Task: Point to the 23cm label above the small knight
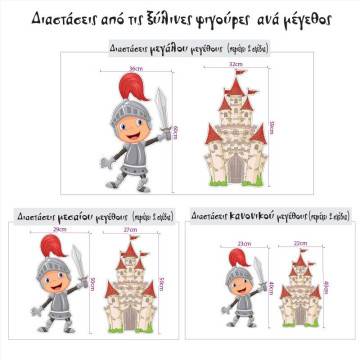[x=243, y=246]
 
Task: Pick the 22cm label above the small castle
[x=298, y=246]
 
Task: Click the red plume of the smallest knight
[x=253, y=263]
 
